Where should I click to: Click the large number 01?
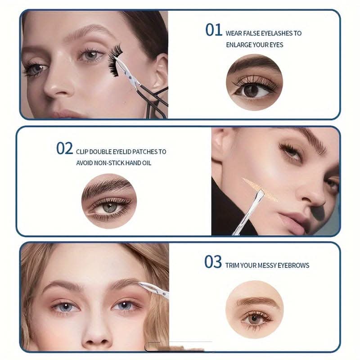pyautogui.click(x=213, y=30)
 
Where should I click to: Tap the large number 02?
pyautogui.click(x=64, y=148)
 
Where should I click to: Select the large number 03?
pyautogui.click(x=213, y=262)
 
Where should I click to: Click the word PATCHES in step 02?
pyautogui.click(x=144, y=152)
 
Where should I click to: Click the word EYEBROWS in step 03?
pyautogui.click(x=293, y=265)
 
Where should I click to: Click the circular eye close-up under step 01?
pyautogui.click(x=254, y=82)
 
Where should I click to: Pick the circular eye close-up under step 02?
pyautogui.click(x=109, y=201)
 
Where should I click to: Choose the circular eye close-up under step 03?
pyautogui.click(x=254, y=309)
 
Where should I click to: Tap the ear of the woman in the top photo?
pyautogui.click(x=161, y=72)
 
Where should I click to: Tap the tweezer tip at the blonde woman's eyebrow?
pyautogui.click(x=140, y=284)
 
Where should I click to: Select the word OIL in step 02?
pyautogui.click(x=147, y=163)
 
